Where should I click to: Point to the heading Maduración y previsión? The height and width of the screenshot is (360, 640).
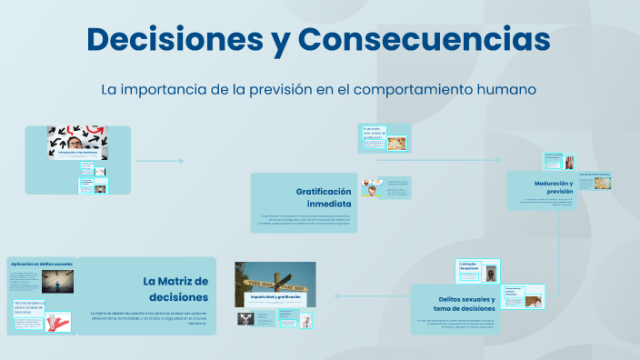click(x=554, y=187)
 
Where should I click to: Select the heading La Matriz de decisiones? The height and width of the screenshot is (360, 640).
click(x=176, y=289)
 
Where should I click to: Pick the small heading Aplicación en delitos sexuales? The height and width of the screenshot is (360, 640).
click(x=41, y=264)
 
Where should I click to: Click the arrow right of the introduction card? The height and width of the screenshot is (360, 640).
click(x=160, y=161)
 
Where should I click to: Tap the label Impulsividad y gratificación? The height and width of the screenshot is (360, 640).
click(x=275, y=297)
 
